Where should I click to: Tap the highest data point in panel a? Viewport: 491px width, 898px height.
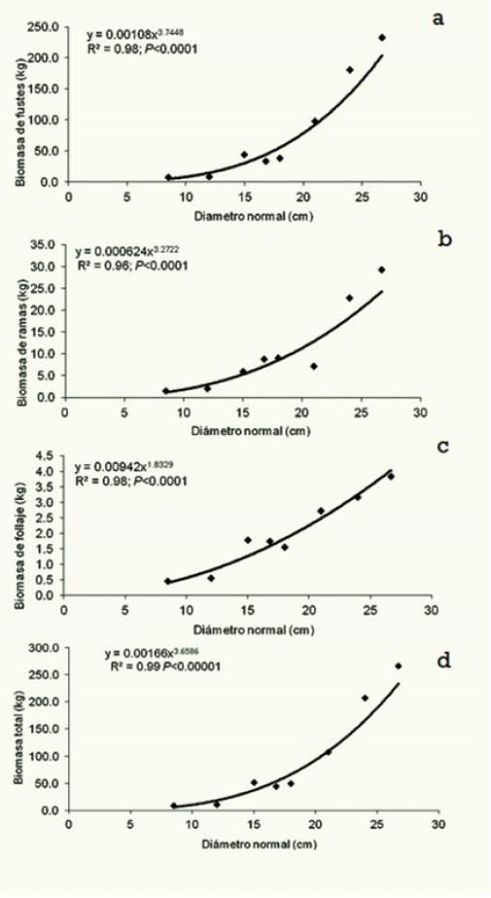tap(382, 38)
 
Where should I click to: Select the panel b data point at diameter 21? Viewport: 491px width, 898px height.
tap(313, 366)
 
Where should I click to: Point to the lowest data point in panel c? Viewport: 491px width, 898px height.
tap(168, 581)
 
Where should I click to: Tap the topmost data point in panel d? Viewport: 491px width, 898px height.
tap(398, 666)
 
